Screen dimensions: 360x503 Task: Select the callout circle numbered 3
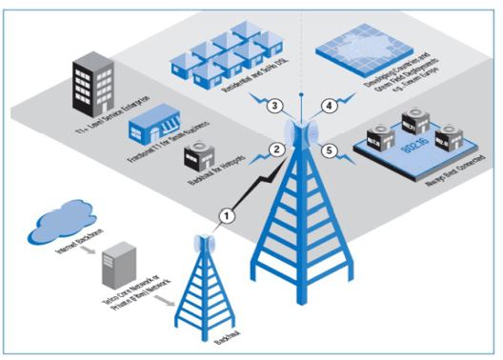pyautogui.click(x=273, y=104)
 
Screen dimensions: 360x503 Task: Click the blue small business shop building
pyautogui.click(x=157, y=126)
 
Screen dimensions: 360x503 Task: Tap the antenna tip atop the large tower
pyautogui.click(x=303, y=96)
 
